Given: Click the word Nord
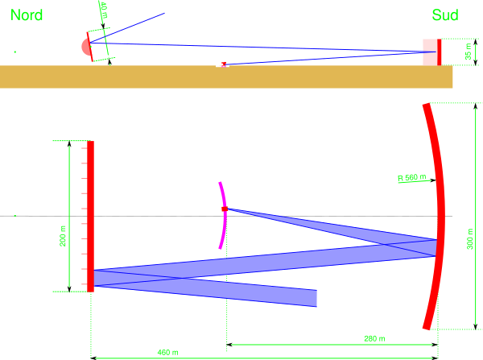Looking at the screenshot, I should pos(27,14).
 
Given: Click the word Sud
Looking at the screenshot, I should pos(444,14).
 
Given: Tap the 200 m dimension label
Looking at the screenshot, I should pos(63,235).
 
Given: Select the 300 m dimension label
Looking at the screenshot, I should pos(470,239).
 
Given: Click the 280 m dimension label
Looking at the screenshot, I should pos(374,338).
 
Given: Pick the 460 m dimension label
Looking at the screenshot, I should pos(167,352).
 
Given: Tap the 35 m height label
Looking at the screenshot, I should pos(469,52).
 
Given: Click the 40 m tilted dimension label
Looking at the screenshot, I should pos(103,10).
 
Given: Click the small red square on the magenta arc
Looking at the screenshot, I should pos(225,209).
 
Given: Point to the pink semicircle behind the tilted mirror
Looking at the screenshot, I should pos(85,47).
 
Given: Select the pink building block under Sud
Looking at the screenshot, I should pos(430,52).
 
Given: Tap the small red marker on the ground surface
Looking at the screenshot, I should pos(224,64).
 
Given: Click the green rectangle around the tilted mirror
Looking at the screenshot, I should pos(99,45).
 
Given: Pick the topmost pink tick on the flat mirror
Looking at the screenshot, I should pos(84,150).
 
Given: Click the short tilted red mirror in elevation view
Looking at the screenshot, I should pos(91,48).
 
